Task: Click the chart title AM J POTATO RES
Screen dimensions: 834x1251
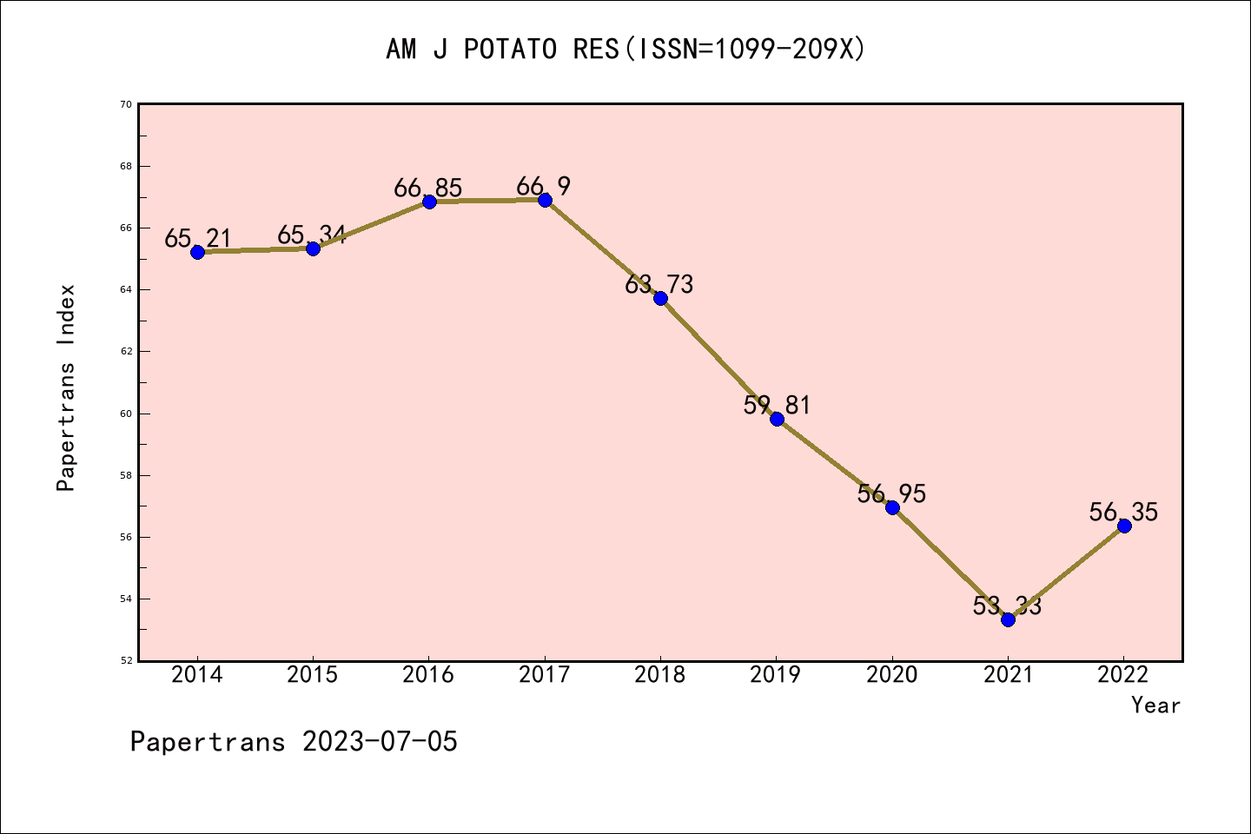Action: tap(625, 50)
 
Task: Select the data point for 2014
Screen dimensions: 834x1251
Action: tap(197, 252)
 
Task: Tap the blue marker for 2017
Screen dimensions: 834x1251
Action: tap(545, 200)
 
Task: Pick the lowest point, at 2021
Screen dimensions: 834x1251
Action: tap(1008, 619)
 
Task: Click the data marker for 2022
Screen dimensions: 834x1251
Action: tap(1124, 526)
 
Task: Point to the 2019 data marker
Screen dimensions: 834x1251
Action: tap(777, 419)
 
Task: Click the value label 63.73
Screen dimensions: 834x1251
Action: tap(659, 284)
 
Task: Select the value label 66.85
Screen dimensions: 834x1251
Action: tap(428, 189)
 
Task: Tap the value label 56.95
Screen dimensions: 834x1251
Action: tap(891, 494)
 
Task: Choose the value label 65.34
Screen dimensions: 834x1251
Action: tap(312, 235)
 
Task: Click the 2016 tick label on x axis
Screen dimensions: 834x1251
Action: tap(428, 675)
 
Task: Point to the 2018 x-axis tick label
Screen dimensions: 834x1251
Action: tap(660, 675)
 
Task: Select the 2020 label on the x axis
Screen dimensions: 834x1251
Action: tap(892, 675)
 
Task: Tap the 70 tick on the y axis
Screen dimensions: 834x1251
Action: tap(126, 104)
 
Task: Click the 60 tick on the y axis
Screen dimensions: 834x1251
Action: tap(126, 414)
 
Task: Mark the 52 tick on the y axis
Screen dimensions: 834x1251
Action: tap(126, 660)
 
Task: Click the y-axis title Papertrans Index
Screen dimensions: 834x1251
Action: tap(66, 387)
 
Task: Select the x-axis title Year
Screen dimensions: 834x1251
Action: tap(1155, 705)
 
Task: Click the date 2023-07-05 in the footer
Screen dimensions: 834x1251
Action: tap(380, 742)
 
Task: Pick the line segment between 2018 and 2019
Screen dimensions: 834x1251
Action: tap(718, 359)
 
